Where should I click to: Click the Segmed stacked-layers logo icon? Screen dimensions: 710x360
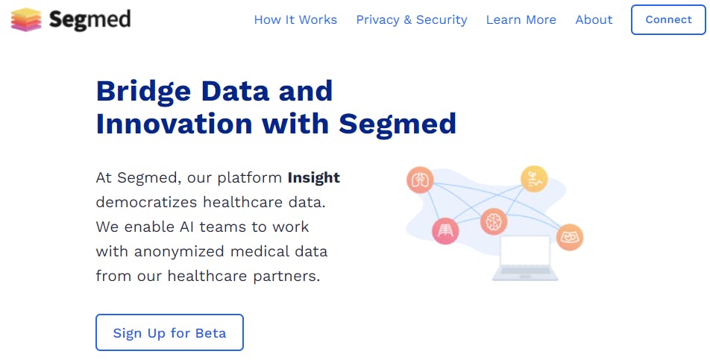[x=26, y=19]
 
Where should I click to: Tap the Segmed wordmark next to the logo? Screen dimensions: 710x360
[x=89, y=20]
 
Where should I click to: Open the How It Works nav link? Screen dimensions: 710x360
[x=295, y=20]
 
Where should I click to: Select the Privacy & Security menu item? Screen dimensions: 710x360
[x=412, y=20]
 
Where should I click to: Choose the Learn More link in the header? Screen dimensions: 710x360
[x=521, y=20]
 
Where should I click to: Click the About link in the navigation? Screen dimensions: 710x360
[x=594, y=20]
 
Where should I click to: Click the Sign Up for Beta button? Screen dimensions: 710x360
[x=170, y=332]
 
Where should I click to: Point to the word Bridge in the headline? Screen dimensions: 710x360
[x=143, y=92]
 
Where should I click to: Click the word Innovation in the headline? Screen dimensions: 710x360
[x=175, y=124]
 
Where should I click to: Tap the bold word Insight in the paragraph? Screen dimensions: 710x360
[x=314, y=177]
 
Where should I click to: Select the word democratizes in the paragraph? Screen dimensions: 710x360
[x=145, y=202]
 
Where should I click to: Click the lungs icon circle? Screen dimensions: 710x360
[x=420, y=180]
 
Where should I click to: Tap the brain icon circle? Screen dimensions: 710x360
[x=494, y=221]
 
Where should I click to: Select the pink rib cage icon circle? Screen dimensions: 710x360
[x=445, y=230]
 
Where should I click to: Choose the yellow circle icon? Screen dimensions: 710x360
[x=534, y=179]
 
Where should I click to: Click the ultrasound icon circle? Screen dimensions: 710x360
[x=570, y=237]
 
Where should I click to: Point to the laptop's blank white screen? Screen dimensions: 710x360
[x=525, y=250]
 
